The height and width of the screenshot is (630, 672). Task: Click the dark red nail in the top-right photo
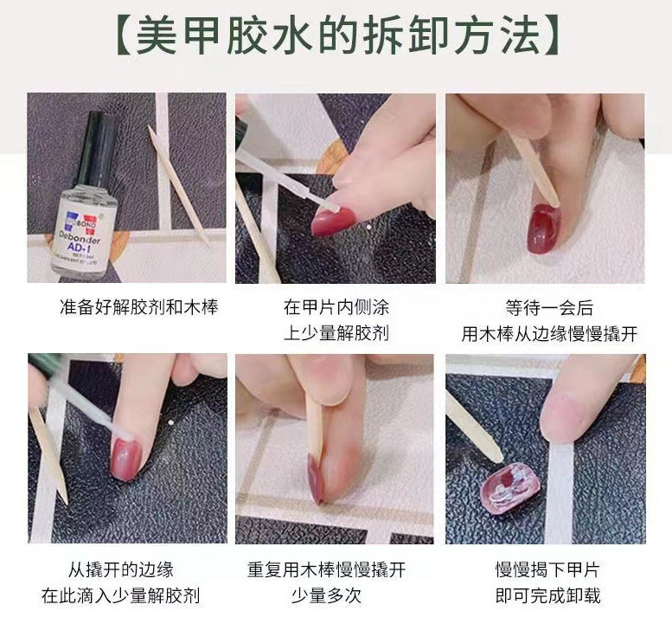tap(542, 228)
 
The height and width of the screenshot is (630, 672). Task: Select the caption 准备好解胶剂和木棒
tap(127, 308)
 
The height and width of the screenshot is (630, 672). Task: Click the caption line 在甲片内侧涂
tap(336, 308)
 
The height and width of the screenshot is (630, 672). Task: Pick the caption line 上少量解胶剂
tap(336, 333)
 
